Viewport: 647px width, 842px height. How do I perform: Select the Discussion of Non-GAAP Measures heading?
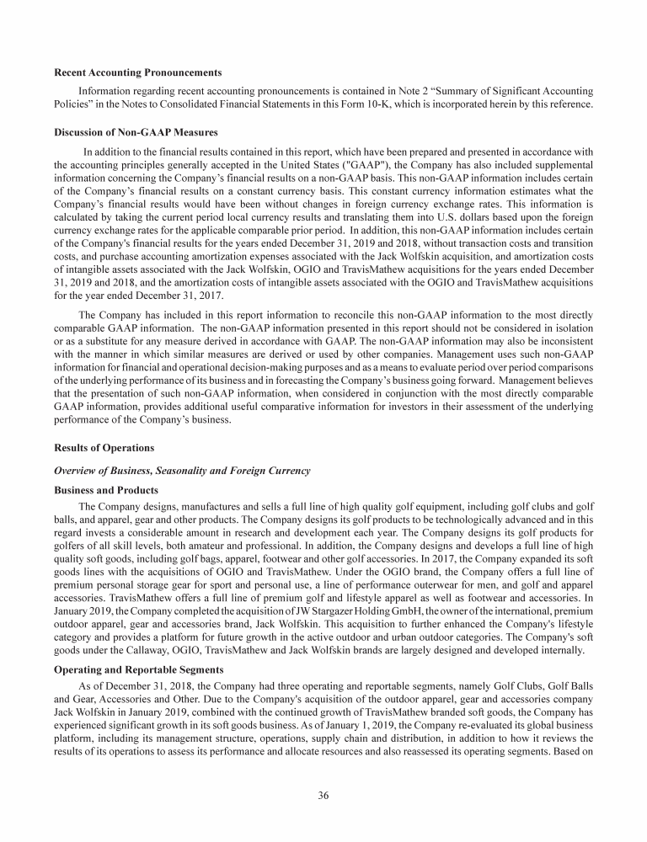[x=136, y=131]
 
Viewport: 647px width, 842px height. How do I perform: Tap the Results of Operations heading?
[x=104, y=447]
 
